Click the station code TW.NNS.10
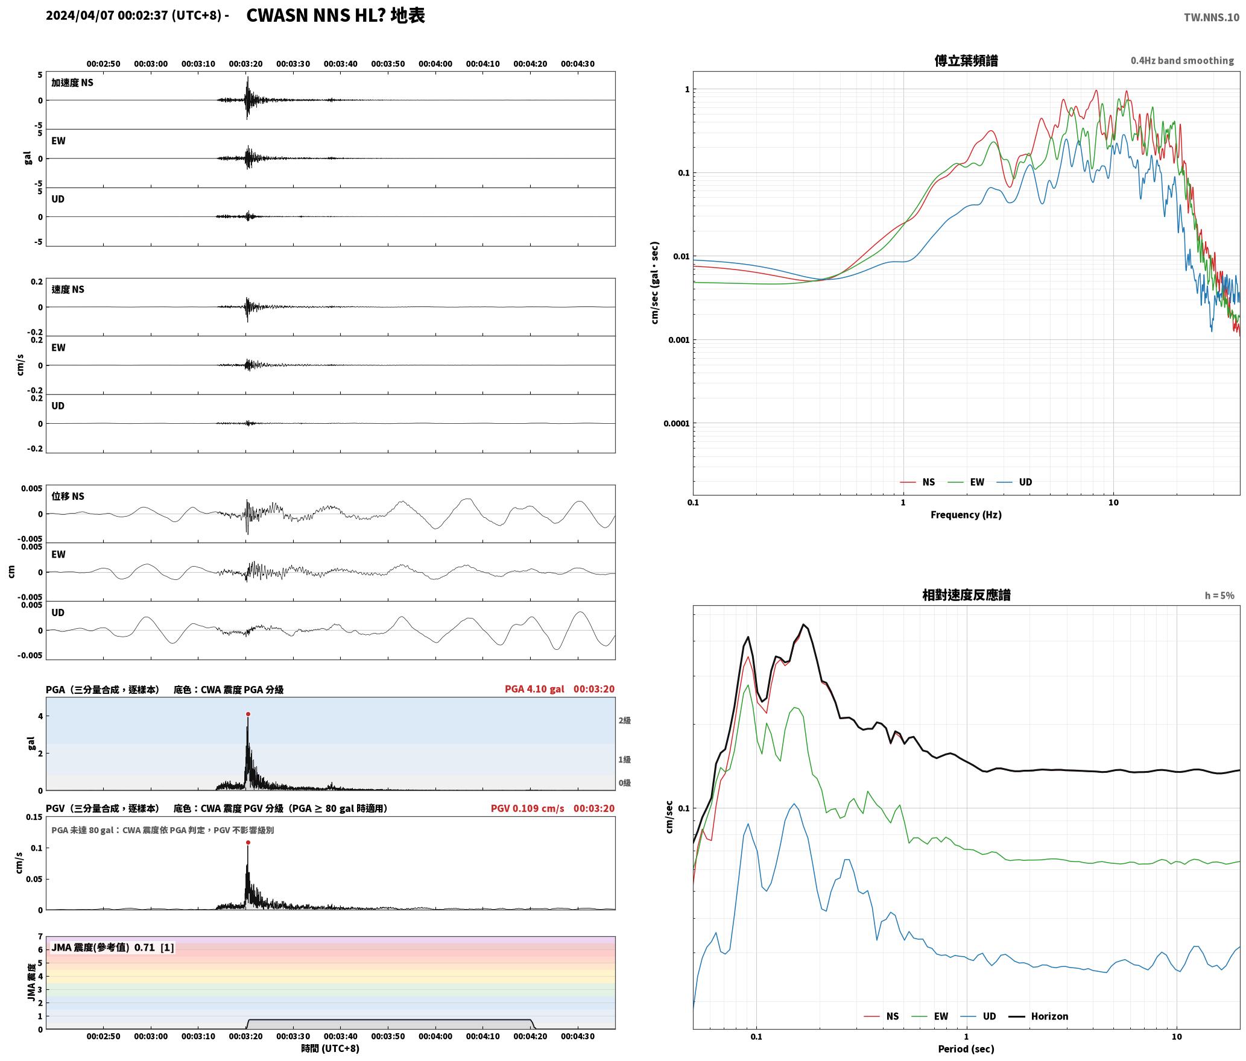tap(1211, 17)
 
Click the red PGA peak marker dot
tap(248, 714)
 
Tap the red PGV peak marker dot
tap(248, 843)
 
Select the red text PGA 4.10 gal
tap(534, 689)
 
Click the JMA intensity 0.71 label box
tap(113, 948)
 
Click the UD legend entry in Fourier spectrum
tap(1014, 482)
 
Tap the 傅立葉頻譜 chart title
tap(966, 61)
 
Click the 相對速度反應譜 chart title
tap(966, 595)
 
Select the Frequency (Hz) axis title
tap(966, 515)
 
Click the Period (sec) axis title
tap(966, 1049)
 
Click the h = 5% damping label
tap(1219, 596)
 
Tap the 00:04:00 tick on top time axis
tap(435, 64)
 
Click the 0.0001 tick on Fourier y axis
tap(676, 424)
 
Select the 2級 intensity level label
tap(624, 720)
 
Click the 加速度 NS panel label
tap(72, 83)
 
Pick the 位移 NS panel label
tap(68, 496)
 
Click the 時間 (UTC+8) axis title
tap(330, 1048)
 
